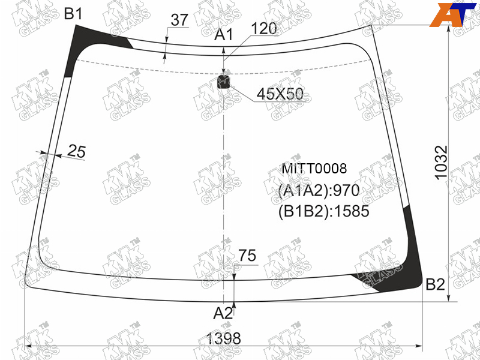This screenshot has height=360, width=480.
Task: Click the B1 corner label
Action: (x=73, y=14)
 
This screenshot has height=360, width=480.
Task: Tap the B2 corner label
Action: (x=436, y=284)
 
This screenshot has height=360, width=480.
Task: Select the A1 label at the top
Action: (x=223, y=35)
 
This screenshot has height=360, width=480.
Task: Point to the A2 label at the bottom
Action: (x=223, y=313)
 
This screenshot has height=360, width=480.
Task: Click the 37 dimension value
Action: (x=179, y=20)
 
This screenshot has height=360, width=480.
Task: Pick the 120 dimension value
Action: (x=264, y=28)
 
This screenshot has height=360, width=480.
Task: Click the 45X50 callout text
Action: (x=280, y=94)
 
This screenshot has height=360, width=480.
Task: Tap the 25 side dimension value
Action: (x=76, y=151)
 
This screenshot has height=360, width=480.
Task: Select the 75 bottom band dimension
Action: (x=247, y=256)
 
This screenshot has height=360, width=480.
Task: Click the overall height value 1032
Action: (x=441, y=163)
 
